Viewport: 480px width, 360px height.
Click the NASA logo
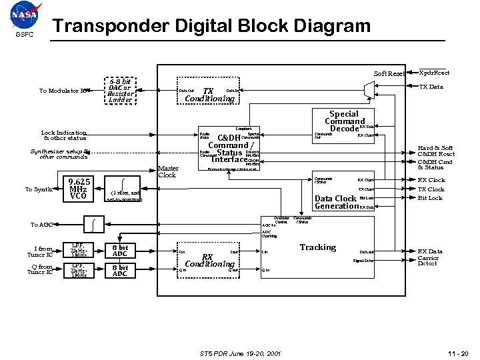click(x=25, y=15)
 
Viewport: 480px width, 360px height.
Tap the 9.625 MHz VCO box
click(x=79, y=189)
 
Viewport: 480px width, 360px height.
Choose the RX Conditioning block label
click(x=209, y=260)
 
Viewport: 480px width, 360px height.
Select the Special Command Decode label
click(x=345, y=122)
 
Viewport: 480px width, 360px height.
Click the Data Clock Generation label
click(x=336, y=202)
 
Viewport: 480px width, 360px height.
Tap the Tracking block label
click(x=317, y=247)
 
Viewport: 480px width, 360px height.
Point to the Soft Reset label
click(x=389, y=73)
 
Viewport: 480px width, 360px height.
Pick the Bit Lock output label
click(x=430, y=198)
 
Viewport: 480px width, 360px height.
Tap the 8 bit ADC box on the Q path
click(x=120, y=271)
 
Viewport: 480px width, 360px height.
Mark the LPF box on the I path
click(x=79, y=251)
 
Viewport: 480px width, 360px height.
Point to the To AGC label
click(x=41, y=225)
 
